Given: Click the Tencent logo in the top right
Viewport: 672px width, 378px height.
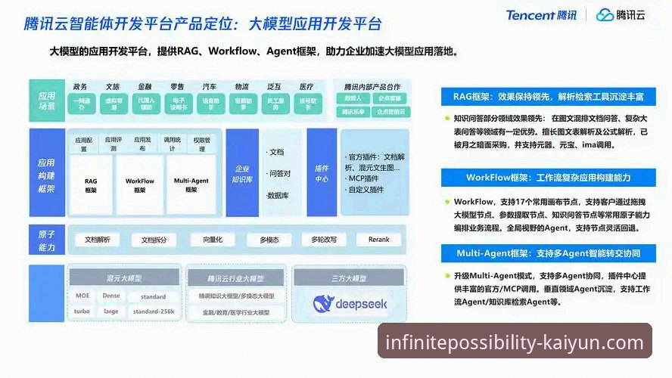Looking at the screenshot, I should pos(541,15).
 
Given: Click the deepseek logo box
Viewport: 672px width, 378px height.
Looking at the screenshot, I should pos(350,303).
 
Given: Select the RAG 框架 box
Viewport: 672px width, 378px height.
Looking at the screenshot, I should pos(91,185).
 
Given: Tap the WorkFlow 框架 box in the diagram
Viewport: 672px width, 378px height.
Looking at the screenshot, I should pos(140,185).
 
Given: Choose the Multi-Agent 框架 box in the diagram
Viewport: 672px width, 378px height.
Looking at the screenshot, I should pos(191,185).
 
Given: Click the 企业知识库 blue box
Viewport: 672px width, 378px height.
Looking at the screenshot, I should pos(242,174).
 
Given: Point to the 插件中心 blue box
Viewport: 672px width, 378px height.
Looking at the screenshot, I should pos(322,174).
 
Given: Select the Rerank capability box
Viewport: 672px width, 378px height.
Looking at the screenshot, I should pos(378,240).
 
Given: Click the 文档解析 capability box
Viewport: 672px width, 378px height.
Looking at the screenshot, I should pos(98,240).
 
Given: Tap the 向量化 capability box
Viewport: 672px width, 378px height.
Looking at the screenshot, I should pos(207,240).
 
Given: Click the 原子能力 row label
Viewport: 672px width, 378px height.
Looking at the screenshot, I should pos(47,240).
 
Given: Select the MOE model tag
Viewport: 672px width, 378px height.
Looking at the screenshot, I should pos(82,296).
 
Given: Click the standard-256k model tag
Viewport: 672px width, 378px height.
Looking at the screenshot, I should pos(154,311).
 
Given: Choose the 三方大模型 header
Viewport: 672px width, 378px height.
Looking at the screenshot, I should pos(350,278).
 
